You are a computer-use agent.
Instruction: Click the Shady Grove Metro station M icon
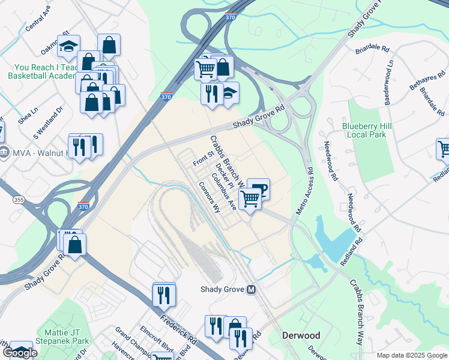[252, 290]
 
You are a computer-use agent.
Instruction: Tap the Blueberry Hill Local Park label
[367, 130]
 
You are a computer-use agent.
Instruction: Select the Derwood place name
[301, 335]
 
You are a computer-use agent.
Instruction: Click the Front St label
[203, 159]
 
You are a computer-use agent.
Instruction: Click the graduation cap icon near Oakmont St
[69, 46]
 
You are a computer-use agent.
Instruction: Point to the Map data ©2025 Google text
[412, 355]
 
